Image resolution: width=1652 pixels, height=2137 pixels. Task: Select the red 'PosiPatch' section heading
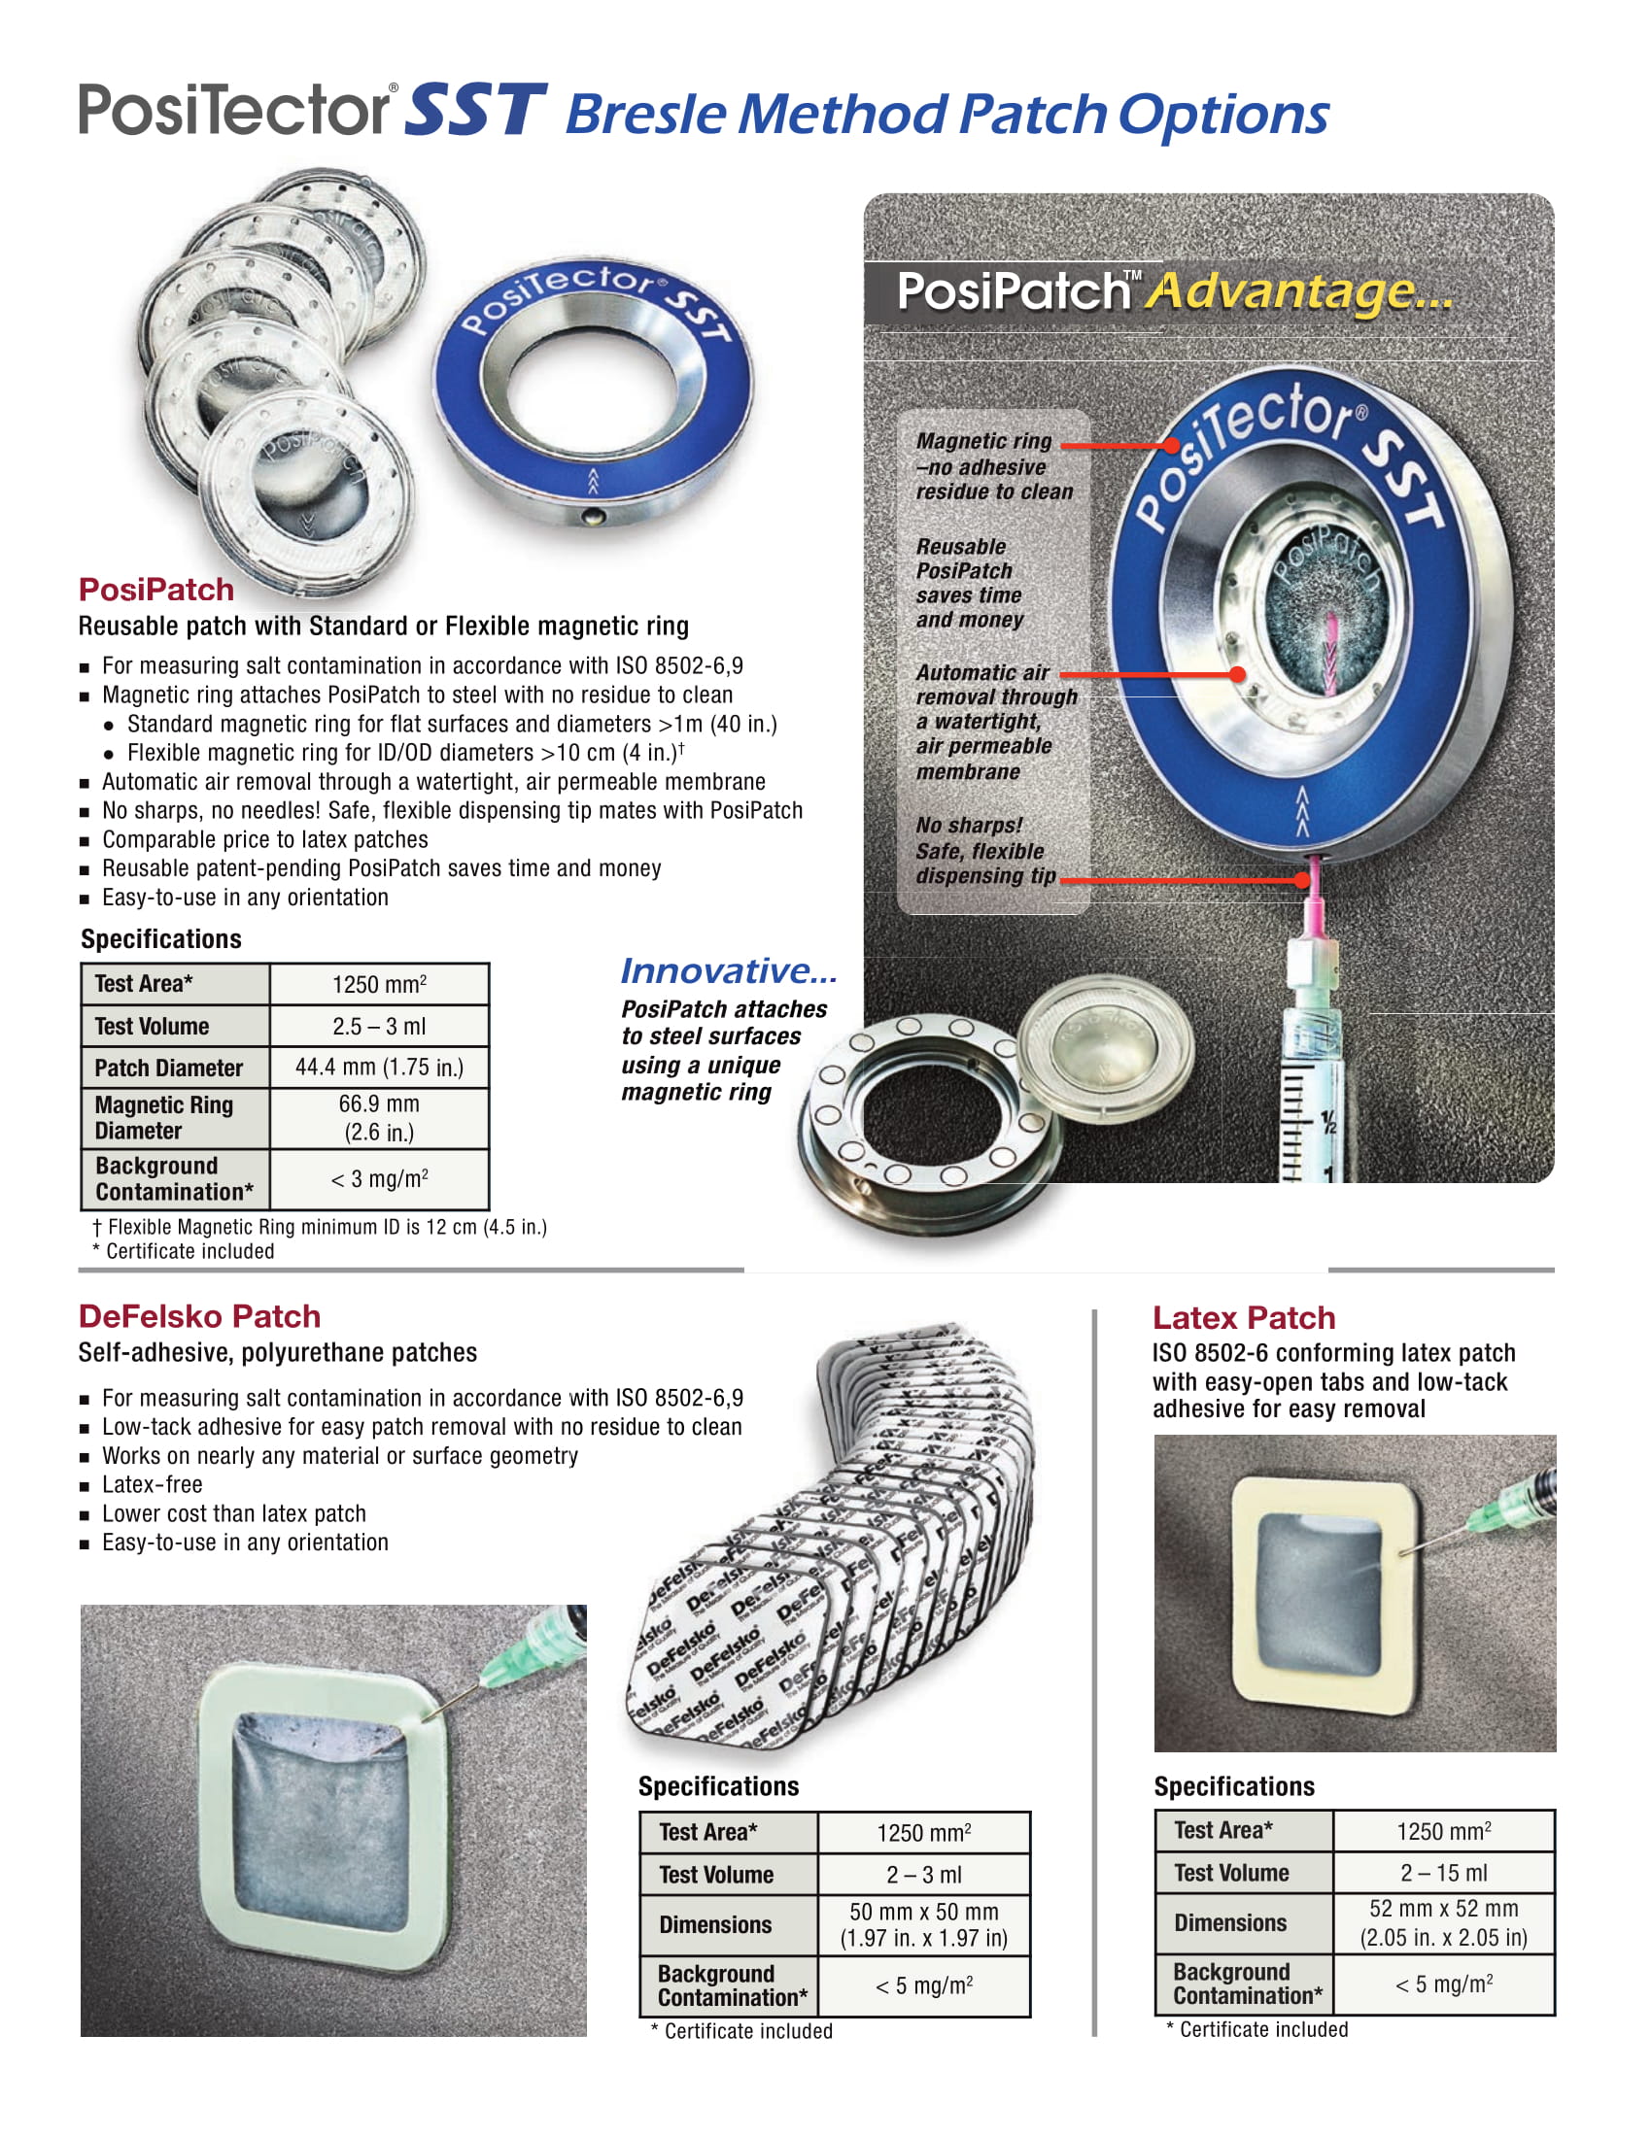(x=156, y=589)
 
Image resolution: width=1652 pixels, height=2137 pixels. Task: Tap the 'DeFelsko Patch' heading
(x=199, y=1316)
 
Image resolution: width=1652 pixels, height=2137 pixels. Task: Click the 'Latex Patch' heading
(x=1243, y=1318)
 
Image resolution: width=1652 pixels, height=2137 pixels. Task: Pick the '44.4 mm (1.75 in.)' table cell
(x=379, y=1067)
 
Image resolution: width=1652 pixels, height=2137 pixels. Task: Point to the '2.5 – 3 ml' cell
(x=379, y=1027)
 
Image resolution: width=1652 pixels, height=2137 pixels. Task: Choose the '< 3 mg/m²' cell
(x=379, y=1179)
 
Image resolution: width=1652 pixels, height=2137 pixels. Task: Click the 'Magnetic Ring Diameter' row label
(x=164, y=1117)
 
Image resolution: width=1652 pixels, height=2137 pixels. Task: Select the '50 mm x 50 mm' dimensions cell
(x=923, y=1924)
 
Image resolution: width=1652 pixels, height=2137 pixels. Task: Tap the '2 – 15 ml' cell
(x=1443, y=1873)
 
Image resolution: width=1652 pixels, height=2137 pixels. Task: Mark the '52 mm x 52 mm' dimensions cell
(x=1443, y=1922)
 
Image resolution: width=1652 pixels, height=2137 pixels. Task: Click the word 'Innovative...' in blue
(x=729, y=970)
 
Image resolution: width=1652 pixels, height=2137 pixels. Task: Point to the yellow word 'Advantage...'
(x=1299, y=290)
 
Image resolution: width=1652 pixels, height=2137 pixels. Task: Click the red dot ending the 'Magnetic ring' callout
(x=1173, y=445)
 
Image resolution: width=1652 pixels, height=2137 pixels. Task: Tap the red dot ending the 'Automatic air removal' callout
(x=1237, y=674)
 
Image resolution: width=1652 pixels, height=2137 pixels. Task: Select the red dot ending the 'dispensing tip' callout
(x=1301, y=880)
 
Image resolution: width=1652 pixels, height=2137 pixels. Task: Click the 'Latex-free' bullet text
(x=153, y=1484)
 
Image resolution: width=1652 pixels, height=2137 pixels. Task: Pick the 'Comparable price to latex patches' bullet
(x=265, y=839)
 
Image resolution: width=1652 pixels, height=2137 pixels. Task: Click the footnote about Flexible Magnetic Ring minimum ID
(x=320, y=1227)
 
